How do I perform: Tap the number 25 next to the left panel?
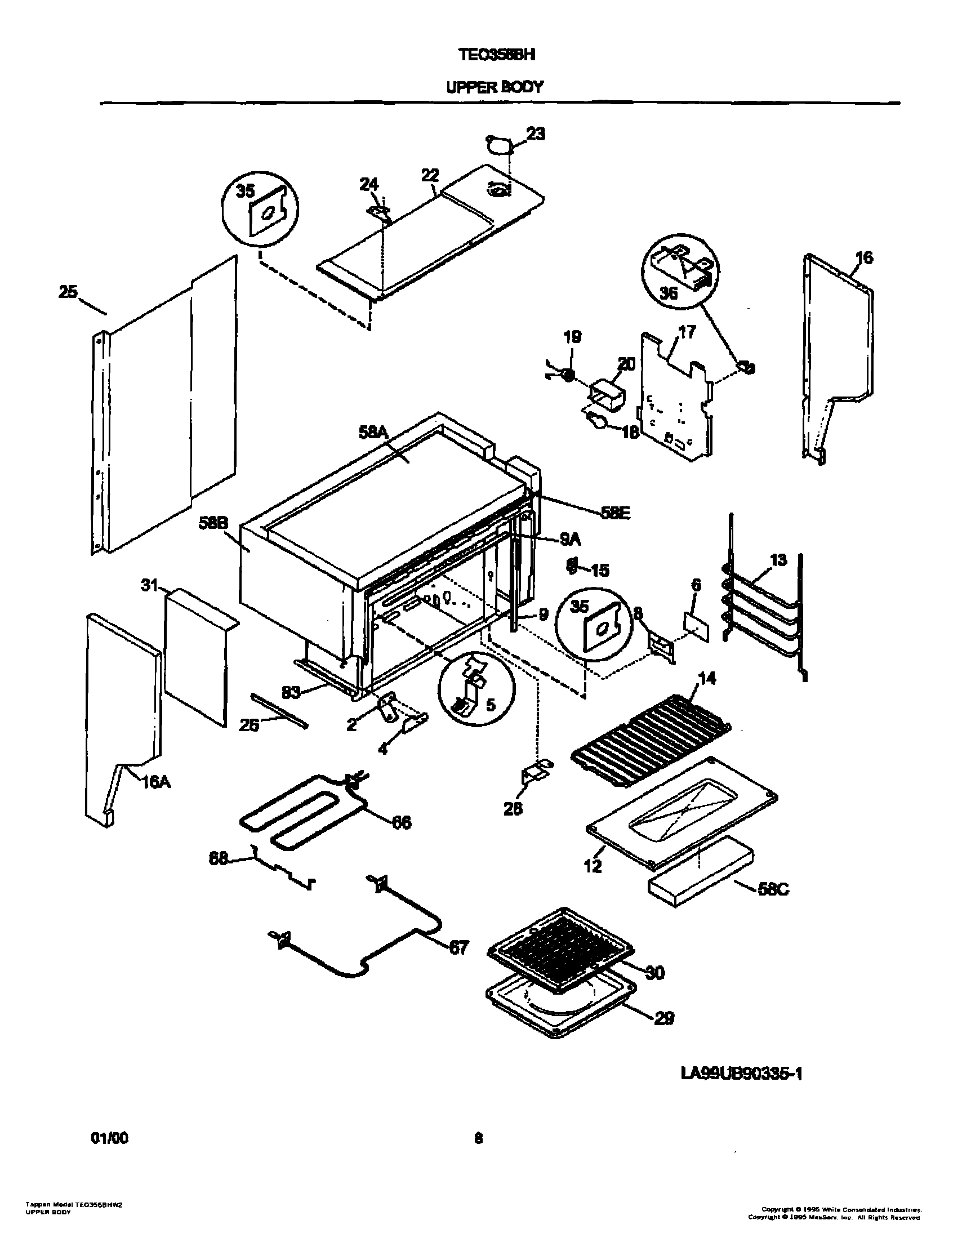(x=68, y=292)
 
